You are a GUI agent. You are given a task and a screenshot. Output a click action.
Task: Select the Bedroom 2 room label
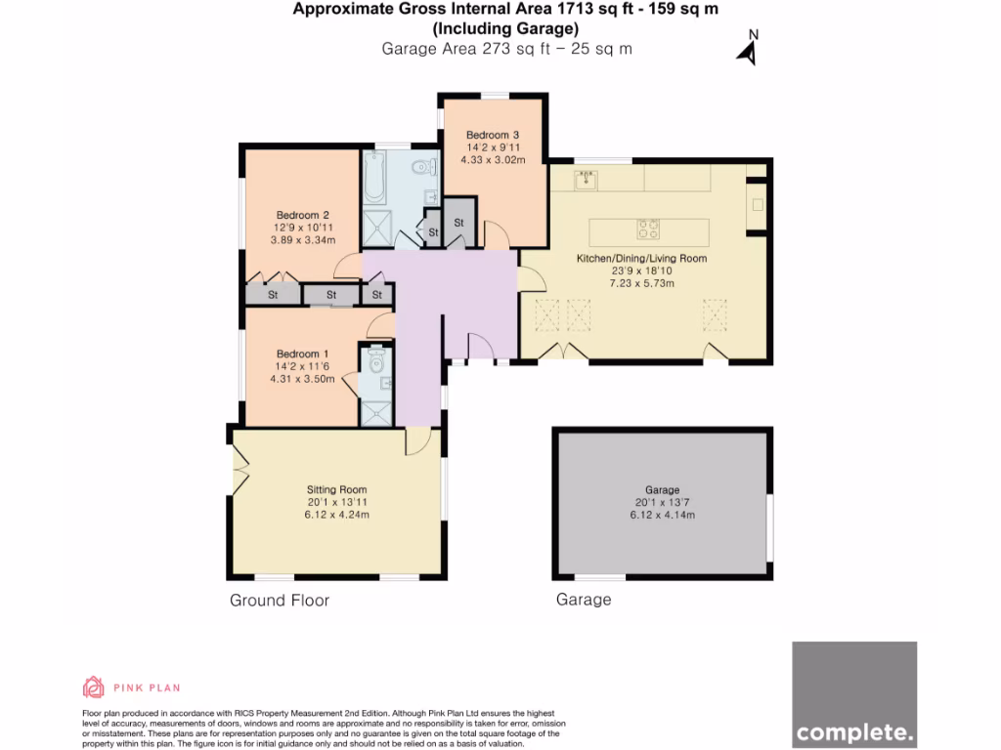click(302, 215)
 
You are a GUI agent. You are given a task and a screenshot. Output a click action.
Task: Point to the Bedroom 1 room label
click(302, 354)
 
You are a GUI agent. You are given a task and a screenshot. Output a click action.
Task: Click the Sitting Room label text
click(336, 489)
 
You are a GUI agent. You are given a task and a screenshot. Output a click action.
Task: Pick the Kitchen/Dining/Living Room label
click(640, 259)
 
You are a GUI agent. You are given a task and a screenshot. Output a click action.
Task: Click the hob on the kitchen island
click(647, 229)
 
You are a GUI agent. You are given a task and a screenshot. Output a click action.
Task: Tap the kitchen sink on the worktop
click(586, 179)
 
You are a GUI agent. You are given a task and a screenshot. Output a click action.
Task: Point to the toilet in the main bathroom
click(423, 166)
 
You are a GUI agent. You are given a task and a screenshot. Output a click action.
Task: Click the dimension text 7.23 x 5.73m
click(640, 283)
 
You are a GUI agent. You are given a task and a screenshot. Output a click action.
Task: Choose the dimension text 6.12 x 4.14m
click(662, 515)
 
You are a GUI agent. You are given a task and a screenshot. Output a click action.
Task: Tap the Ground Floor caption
click(280, 601)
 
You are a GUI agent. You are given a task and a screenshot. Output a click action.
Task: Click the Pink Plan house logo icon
click(93, 687)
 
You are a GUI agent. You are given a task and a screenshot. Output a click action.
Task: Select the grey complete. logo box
click(854, 694)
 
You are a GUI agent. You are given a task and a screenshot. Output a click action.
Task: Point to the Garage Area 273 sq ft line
click(506, 49)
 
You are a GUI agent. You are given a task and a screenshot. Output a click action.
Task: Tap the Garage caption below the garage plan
click(584, 600)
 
